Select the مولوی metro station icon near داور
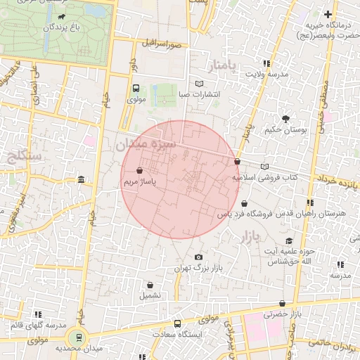tap(136, 89)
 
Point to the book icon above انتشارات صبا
tap(199, 84)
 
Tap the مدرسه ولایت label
tap(265, 74)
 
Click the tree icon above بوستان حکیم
tap(285, 119)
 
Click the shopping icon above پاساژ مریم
tap(139, 171)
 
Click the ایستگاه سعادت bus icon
tap(177, 324)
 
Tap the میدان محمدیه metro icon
tap(79, 337)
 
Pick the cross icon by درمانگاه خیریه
tap(327, 15)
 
